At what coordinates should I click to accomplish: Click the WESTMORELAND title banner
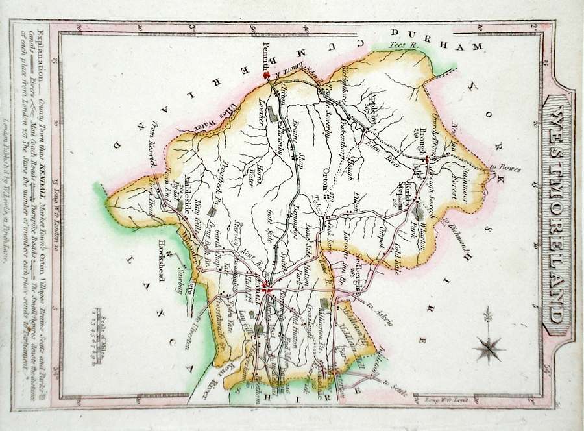click(x=555, y=214)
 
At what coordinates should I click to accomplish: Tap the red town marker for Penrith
click(x=265, y=75)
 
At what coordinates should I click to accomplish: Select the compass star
click(x=488, y=347)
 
